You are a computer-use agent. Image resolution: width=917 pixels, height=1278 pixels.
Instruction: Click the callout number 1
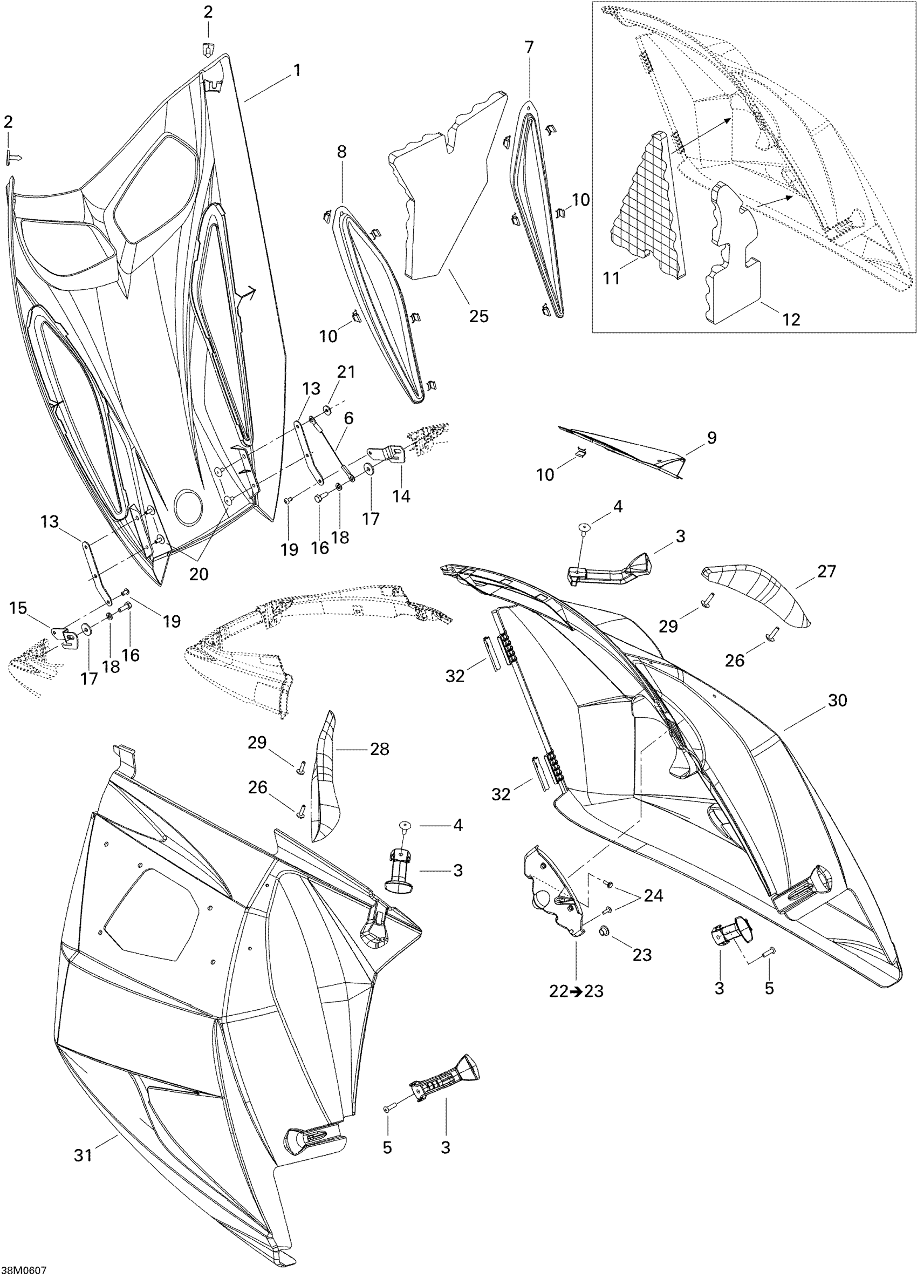coord(296,71)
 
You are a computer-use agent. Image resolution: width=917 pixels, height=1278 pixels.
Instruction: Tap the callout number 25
coord(479,316)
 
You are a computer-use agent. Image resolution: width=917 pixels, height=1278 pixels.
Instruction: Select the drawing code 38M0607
coord(24,1270)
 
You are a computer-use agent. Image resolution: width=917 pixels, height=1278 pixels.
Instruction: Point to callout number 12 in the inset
coord(791,319)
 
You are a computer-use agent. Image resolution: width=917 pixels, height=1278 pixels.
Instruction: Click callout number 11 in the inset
coord(611,278)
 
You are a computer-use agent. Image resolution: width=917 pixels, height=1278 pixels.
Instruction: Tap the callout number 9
coord(711,438)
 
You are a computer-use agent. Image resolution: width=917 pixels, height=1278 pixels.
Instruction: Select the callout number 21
coord(346,372)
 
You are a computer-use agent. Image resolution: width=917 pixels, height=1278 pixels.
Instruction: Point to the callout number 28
coord(380,749)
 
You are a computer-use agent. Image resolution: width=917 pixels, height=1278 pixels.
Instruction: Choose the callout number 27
coord(826,572)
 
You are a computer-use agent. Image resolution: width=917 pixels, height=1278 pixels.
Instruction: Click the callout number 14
coord(402,496)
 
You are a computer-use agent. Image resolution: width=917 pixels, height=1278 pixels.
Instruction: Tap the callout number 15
coord(18,609)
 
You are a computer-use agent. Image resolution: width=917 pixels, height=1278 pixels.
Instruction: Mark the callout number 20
coord(199,574)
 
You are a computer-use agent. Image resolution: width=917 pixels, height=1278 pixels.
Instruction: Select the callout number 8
coord(342,152)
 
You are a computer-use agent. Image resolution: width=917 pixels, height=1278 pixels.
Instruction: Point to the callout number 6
coord(348,418)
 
